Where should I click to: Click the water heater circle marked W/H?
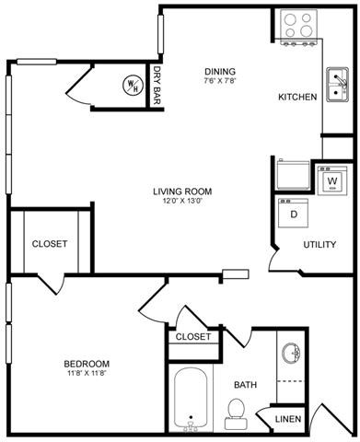pyautogui.click(x=132, y=86)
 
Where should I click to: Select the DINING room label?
pyautogui.click(x=220, y=72)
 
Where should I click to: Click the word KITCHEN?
pyautogui.click(x=297, y=97)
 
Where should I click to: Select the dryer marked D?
pyautogui.click(x=295, y=215)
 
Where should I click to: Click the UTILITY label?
pyautogui.click(x=319, y=245)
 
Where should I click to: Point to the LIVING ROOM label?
pyautogui.click(x=182, y=192)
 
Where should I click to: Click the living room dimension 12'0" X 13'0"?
pyautogui.click(x=182, y=203)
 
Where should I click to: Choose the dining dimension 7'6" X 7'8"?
pyautogui.click(x=220, y=82)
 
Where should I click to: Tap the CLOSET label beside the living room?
pyautogui.click(x=50, y=244)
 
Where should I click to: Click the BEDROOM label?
pyautogui.click(x=87, y=363)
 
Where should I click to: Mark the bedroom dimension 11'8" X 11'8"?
pyautogui.click(x=87, y=374)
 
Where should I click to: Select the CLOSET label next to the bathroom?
pyautogui.click(x=193, y=337)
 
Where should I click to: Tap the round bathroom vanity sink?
pyautogui.click(x=292, y=354)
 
